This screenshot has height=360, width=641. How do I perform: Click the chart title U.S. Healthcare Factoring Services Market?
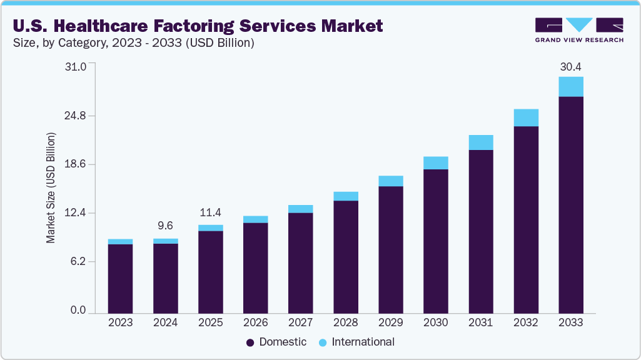click(x=197, y=26)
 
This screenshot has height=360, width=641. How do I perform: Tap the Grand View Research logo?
click(x=579, y=30)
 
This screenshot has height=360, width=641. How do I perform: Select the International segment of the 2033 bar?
click(x=570, y=87)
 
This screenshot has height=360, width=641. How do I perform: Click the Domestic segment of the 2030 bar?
click(x=435, y=241)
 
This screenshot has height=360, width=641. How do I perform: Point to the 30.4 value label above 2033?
click(x=570, y=67)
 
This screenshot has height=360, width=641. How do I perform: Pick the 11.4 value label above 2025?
click(x=210, y=212)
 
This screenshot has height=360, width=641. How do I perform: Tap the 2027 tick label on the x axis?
click(x=300, y=323)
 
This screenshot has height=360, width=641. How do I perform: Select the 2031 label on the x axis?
click(x=480, y=323)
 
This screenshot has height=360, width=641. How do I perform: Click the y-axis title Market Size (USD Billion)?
click(x=51, y=187)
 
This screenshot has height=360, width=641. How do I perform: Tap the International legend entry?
click(x=356, y=342)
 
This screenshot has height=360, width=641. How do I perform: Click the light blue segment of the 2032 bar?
click(x=525, y=117)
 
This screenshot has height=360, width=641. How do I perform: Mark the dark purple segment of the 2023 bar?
click(x=120, y=278)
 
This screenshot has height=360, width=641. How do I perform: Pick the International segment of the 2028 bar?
click(x=345, y=196)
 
